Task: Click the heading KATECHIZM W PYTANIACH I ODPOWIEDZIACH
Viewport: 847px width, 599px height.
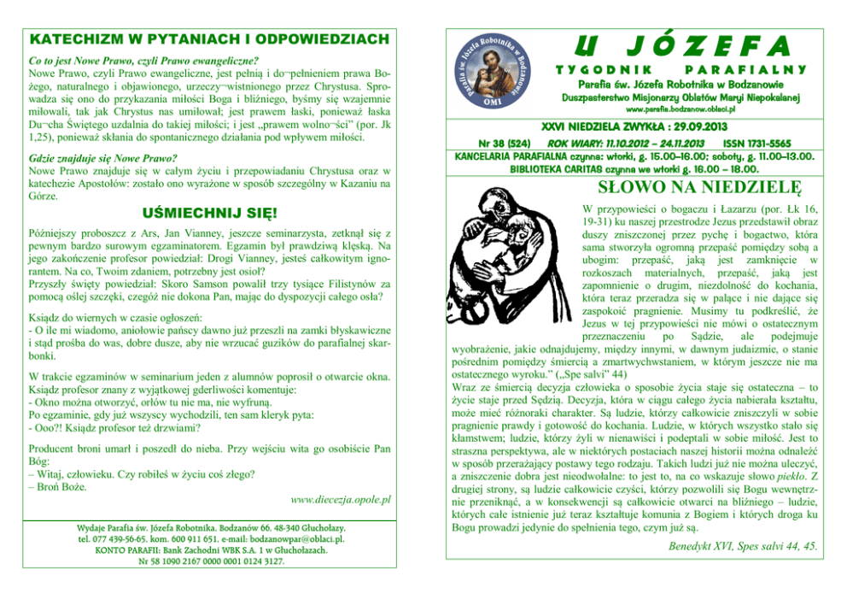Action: coord(209,39)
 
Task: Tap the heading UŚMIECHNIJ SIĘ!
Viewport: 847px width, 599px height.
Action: coord(208,211)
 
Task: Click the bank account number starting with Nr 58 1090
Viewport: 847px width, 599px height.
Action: coord(209,561)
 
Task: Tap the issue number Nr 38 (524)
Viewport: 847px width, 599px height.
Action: coord(506,144)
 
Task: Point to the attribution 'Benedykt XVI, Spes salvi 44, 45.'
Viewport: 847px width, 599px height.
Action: coord(741,545)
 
